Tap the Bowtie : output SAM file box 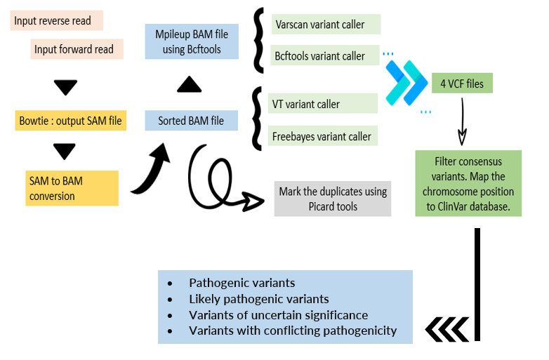(70, 121)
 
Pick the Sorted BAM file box (191, 121)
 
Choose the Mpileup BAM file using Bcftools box (191, 41)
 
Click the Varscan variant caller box (324, 25)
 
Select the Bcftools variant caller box (324, 56)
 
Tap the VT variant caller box (323, 104)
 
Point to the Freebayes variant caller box (323, 135)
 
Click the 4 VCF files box (462, 84)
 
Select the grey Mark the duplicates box (332, 199)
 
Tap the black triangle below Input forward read (65, 87)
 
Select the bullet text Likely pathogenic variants (258, 299)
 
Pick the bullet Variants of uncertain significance (278, 315)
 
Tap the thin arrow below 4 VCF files (462, 119)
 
